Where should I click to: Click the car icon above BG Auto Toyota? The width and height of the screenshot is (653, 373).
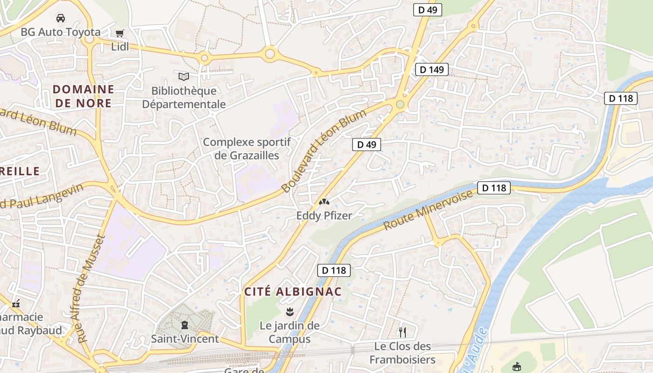click(60, 18)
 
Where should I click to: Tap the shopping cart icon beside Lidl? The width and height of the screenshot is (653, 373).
click(120, 33)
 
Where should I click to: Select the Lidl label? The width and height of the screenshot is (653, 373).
click(120, 47)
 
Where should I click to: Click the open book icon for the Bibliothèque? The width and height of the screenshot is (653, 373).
click(184, 76)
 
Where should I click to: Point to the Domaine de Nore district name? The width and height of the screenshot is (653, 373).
click(83, 96)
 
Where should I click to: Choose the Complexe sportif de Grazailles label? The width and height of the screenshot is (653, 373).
click(247, 148)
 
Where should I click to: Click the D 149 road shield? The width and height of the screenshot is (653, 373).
click(431, 69)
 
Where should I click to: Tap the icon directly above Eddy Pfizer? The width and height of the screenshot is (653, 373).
click(324, 202)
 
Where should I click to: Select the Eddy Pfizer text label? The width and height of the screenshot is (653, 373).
click(324, 215)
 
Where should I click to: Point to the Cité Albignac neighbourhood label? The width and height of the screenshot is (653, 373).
click(293, 292)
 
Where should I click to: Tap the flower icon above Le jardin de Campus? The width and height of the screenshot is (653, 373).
click(289, 311)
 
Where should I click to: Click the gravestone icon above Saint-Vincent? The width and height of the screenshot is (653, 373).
click(185, 325)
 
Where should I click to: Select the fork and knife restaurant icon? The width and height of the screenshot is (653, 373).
click(402, 332)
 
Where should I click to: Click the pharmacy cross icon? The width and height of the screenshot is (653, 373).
click(16, 304)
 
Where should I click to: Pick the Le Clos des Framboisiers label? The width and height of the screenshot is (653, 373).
click(403, 353)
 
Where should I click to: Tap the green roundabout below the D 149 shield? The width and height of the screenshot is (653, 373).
click(400, 104)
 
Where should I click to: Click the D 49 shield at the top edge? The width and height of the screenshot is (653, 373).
click(427, 10)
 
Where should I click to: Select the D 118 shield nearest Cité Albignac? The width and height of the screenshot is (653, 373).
click(334, 270)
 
